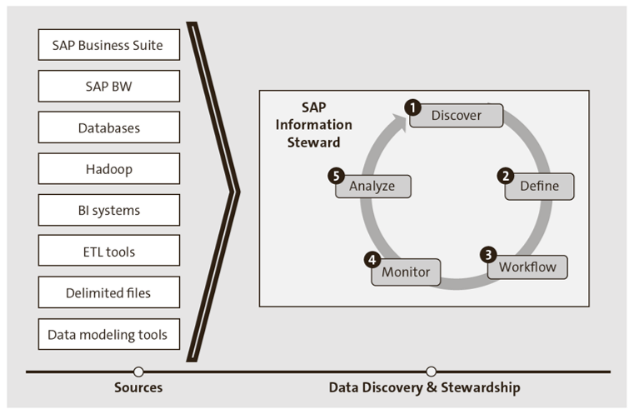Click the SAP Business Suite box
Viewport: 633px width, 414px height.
(109, 45)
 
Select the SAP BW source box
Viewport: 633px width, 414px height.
(109, 86)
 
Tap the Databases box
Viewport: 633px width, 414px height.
(109, 127)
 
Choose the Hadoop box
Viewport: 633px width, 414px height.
(109, 169)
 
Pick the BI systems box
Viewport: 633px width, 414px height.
(109, 210)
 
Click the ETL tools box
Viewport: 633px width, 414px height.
(109, 251)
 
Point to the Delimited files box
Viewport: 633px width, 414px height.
(109, 292)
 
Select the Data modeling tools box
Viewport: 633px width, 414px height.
(109, 334)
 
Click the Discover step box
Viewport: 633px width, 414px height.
(456, 116)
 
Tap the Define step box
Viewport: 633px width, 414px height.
(540, 186)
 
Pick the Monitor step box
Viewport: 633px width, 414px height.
(406, 272)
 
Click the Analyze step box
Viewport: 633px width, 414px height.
(372, 186)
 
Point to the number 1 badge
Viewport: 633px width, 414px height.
(411, 107)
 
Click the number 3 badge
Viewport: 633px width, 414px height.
(489, 255)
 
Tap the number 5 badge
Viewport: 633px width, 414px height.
(336, 176)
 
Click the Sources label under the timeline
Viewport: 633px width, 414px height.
(138, 387)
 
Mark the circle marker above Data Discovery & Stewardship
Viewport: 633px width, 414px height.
(431, 372)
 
